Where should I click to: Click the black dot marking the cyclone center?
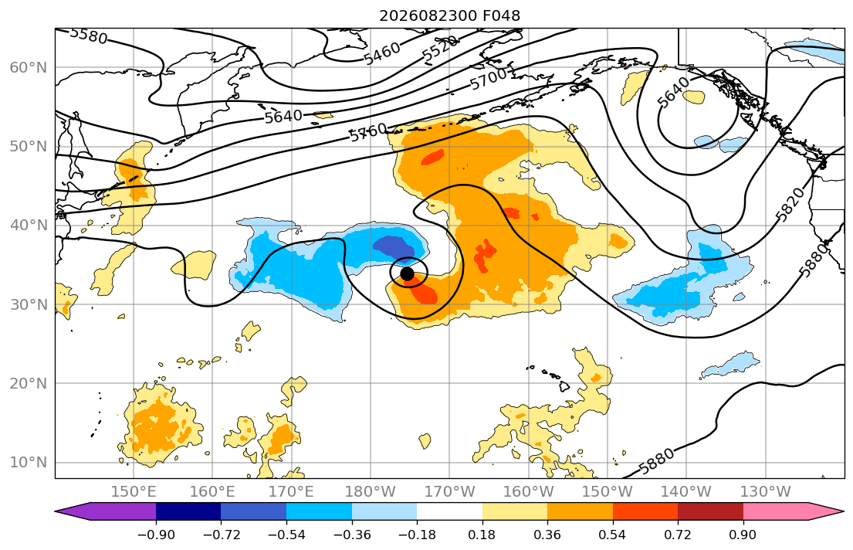406,273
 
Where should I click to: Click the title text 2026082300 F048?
449,15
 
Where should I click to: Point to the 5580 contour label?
89,36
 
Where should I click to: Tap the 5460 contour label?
382,53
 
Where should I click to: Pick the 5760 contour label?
368,132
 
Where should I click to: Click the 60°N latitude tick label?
29,67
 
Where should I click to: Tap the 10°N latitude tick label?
29,463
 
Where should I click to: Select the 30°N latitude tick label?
29,304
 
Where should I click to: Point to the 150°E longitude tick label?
134,492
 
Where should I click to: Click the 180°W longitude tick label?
371,492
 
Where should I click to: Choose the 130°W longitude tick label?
766,492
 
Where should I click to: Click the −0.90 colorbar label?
156,535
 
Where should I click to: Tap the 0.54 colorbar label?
613,535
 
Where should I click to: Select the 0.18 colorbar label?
482,535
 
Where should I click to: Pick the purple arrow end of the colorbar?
106,511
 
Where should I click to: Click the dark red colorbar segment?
710,511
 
